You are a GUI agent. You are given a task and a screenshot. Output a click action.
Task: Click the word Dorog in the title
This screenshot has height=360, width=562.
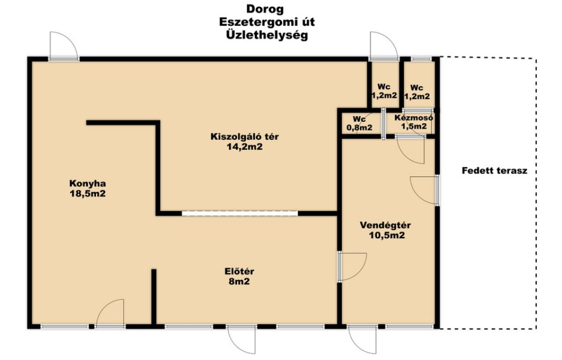tap(265, 9)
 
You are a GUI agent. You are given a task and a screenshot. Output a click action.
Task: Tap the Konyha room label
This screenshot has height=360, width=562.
tap(87, 184)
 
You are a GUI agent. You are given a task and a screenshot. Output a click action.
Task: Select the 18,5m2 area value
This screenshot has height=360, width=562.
tap(87, 194)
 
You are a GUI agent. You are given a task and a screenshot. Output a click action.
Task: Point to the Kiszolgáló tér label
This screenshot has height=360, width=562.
tap(244, 137)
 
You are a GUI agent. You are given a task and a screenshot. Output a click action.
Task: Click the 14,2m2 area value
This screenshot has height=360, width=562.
tap(244, 147)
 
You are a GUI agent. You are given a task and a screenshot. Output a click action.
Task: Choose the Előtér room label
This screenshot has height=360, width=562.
tap(239, 272)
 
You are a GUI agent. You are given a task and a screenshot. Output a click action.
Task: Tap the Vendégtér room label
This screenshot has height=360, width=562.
tap(385, 226)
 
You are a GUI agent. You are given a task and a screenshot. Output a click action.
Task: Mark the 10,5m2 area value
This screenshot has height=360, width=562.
tap(387, 235)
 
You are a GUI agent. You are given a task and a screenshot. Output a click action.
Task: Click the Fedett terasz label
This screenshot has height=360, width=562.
tap(494, 171)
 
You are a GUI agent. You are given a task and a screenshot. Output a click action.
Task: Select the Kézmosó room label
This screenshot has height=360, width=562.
tap(414, 117)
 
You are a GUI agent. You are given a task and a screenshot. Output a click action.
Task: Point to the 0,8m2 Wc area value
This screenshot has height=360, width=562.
tap(359, 127)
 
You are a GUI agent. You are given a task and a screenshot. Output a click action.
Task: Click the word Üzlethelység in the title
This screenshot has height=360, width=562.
tap(267, 35)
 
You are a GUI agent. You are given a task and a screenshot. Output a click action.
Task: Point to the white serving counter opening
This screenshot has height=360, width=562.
tap(240, 213)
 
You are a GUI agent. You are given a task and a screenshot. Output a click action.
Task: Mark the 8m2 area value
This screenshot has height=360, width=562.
tap(239, 282)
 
